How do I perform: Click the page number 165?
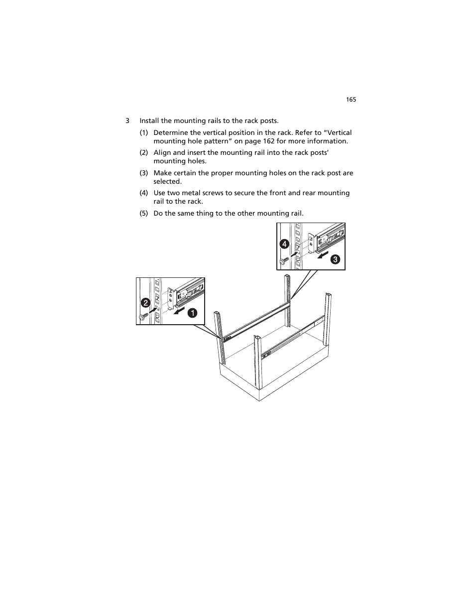351,100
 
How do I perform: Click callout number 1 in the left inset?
192,313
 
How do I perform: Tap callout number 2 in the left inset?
145,303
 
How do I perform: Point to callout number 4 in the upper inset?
284,244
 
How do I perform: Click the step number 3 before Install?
127,121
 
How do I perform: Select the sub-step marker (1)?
143,133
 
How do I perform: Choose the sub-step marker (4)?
143,193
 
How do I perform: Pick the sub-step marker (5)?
143,214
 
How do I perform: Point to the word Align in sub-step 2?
162,153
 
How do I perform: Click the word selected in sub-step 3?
167,182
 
